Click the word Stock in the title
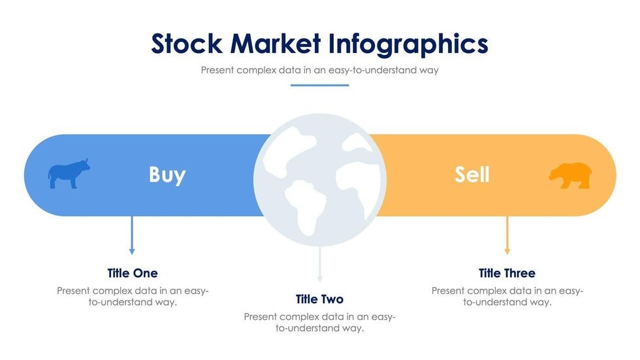[187, 44]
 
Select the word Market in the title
[276, 44]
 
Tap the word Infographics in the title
[408, 44]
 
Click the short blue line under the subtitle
[319, 85]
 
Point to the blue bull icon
[68, 174]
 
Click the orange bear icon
[570, 175]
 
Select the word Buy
[167, 174]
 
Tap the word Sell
[472, 174]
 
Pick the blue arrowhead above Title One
[132, 251]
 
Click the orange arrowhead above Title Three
[507, 251]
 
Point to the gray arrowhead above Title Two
[320, 278]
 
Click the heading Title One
[133, 273]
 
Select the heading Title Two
[319, 299]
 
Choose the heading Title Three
[507, 273]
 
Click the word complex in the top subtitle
[257, 70]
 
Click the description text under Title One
[133, 297]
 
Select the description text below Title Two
[319, 323]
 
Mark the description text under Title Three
[507, 297]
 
